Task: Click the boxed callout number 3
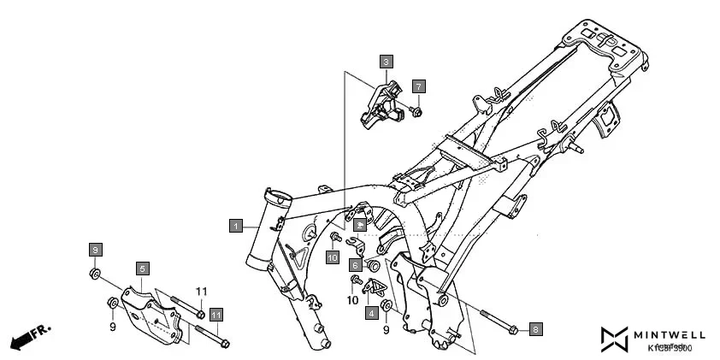387,62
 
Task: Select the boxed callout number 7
418,86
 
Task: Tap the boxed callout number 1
235,226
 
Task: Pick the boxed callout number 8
535,328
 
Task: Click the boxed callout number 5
143,268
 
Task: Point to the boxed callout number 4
371,313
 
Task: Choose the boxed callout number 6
354,265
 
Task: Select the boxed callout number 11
215,315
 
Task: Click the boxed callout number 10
333,257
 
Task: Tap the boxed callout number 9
96,249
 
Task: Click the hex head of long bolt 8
511,329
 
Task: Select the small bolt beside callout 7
416,110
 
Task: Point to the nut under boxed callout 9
95,274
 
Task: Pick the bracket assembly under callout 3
381,106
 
